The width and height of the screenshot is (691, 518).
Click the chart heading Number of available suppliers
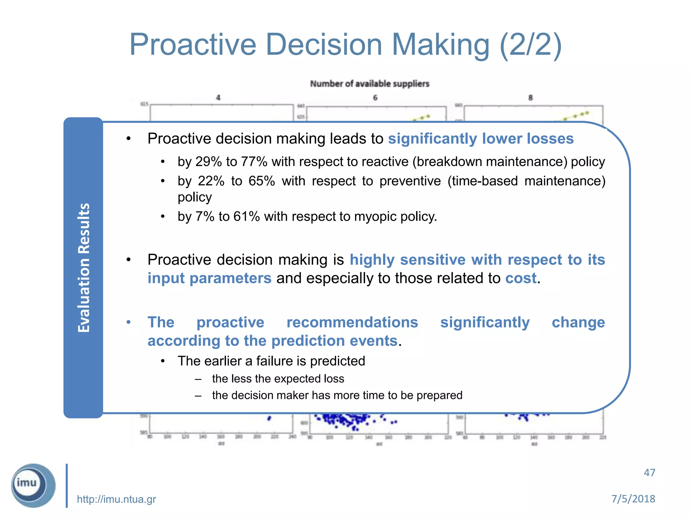[x=369, y=84]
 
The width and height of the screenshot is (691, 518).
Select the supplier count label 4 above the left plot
[x=218, y=98]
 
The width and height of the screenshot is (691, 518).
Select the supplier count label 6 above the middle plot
[x=375, y=98]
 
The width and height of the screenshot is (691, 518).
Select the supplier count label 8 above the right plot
[x=530, y=98]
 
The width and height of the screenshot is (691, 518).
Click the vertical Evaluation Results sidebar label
[x=84, y=268]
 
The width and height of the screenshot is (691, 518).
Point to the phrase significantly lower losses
[x=480, y=139]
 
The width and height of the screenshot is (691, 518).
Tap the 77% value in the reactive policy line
[x=254, y=162]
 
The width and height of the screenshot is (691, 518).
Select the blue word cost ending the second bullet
[x=521, y=278]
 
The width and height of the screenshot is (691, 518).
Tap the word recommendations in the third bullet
[x=352, y=322]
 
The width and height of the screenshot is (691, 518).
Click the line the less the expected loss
[x=278, y=379]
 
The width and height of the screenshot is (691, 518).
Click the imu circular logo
[x=33, y=485]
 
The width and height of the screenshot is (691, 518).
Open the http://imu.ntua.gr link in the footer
[x=116, y=499]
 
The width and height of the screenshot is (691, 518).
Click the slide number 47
[x=649, y=473]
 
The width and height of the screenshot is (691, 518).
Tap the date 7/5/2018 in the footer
[x=633, y=499]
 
